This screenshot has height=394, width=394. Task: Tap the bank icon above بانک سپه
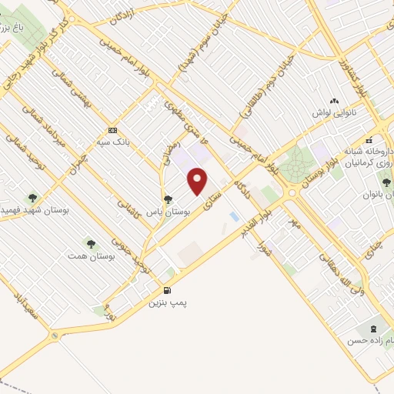(x=113, y=129)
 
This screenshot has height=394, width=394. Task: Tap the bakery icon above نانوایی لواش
(x=333, y=102)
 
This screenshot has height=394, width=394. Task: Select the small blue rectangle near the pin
(x=234, y=216)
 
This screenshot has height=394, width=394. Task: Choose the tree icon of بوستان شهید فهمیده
(x=32, y=198)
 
